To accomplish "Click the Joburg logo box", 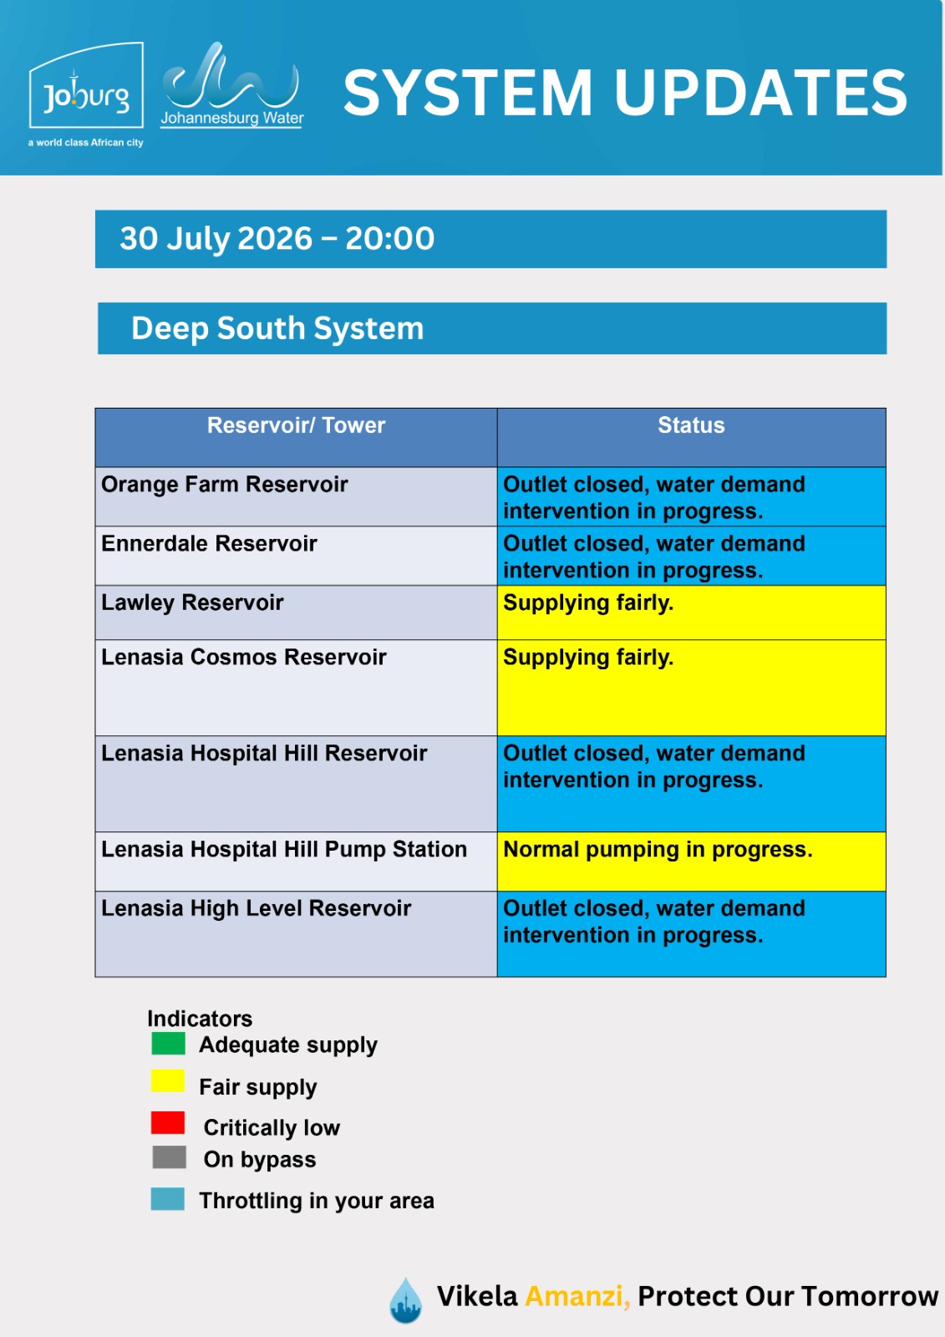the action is coord(86,84).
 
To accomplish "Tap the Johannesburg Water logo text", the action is coord(232,118).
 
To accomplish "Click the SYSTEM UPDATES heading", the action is coord(625,93).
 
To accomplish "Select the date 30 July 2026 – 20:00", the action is coord(277,239).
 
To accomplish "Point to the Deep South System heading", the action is coord(277,328).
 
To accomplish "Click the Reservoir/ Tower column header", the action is coord(296,425).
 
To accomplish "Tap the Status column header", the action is coord(691,425).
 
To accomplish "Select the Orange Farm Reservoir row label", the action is coord(225,484).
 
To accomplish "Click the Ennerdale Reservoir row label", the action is coord(209,543).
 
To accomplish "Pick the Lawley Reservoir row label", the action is coord(192,602).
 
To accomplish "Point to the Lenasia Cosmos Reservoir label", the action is coord(244,657).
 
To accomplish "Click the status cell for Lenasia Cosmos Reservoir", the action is coord(691,688).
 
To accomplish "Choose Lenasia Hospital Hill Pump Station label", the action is coord(284,849).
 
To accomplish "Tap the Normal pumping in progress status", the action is coord(658,850).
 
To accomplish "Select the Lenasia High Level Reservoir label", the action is coord(257,908).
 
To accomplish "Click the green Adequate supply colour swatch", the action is coord(168,1044).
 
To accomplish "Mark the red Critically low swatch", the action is coord(168,1123).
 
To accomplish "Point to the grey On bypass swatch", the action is coord(169,1157).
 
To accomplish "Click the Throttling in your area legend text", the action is coord(317,1201).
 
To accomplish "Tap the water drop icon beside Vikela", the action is coord(405,1300).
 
